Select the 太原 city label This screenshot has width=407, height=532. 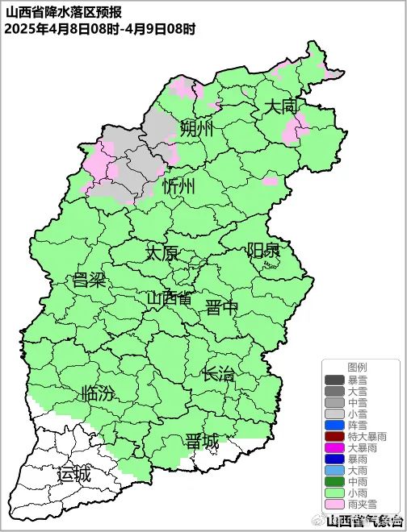tap(162, 252)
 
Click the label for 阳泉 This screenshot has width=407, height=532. tap(263, 250)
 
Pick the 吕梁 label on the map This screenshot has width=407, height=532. tap(89, 281)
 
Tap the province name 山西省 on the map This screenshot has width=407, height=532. tap(170, 298)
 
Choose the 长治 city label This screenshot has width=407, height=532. tap(218, 374)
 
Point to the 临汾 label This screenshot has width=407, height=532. tap(98, 394)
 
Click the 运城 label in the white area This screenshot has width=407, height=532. tap(73, 475)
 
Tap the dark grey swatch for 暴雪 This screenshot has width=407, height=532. tap(334, 380)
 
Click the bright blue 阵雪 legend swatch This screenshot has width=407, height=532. tap(334, 425)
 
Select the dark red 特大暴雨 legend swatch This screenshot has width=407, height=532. tap(334, 436)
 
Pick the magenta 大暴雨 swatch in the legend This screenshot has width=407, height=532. tap(334, 447)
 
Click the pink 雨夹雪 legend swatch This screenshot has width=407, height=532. tap(334, 504)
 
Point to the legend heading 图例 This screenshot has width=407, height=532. tap(357, 367)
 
